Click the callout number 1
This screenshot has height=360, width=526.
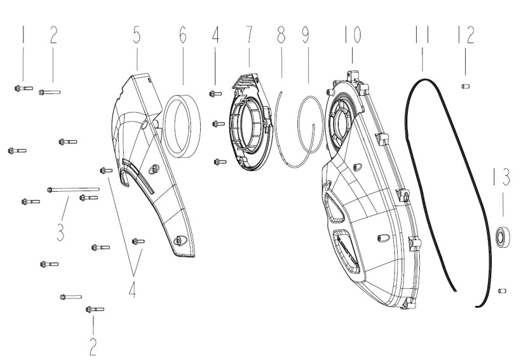coord(23,34)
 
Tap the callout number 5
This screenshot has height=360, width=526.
coord(137,34)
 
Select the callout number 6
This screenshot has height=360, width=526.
coord(183,34)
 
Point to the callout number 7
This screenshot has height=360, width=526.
coord(249,34)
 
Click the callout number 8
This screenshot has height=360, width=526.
coord(281,34)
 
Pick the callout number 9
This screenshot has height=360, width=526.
coord(306,34)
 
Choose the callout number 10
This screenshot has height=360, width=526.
coord(353,34)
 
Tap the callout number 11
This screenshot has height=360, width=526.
coord(422,34)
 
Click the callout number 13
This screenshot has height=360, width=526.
coord(502,177)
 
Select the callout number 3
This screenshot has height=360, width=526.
coord(60,232)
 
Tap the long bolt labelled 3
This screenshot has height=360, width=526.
coord(73,189)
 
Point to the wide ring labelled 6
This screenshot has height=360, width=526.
coord(183,126)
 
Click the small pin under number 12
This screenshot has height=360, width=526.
coord(465,86)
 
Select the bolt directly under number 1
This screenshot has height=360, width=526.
coord(24,88)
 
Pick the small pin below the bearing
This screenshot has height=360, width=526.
coord(501,291)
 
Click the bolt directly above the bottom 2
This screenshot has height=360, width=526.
coord(95,309)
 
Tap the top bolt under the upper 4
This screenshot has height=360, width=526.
coord(215,94)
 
